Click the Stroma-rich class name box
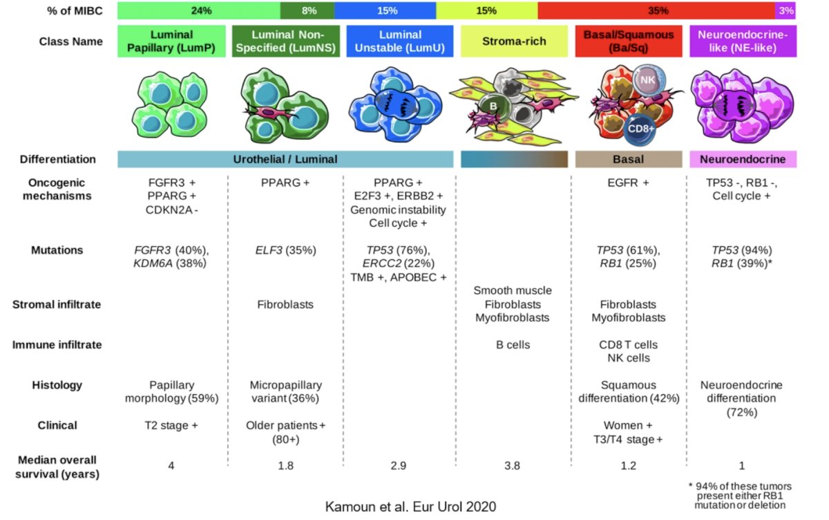[514, 41]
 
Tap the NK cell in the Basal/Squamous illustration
[649, 80]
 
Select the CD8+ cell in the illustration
[640, 129]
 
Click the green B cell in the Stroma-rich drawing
[494, 106]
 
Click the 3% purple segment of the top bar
[785, 10]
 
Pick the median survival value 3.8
[512, 465]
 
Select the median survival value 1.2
[629, 465]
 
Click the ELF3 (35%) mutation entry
[286, 250]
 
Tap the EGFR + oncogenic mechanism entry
[628, 183]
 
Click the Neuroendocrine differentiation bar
[743, 159]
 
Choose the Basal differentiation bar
[629, 159]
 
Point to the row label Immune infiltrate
[57, 345]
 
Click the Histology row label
[57, 385]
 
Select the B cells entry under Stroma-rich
[513, 345]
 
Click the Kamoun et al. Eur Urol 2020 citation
[410, 507]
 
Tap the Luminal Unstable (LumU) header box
[400, 41]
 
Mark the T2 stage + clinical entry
[171, 425]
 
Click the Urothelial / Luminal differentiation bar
[285, 159]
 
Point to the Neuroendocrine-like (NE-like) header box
[743, 41]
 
